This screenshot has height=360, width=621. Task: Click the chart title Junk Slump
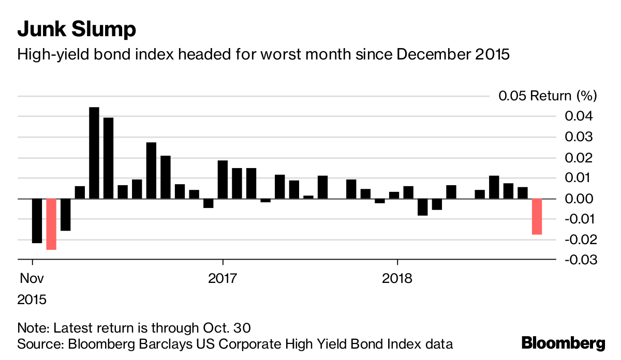pyautogui.click(x=77, y=29)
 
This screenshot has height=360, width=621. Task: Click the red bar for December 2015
pyautogui.click(x=51, y=224)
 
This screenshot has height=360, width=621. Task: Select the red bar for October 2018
pyautogui.click(x=537, y=216)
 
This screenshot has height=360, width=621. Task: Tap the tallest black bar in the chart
pyautogui.click(x=94, y=153)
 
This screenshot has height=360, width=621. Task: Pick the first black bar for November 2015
pyautogui.click(x=37, y=220)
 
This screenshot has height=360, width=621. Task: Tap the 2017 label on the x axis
pyautogui.click(x=223, y=278)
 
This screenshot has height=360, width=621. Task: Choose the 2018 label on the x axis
pyautogui.click(x=397, y=278)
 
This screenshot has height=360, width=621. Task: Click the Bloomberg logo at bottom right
pyautogui.click(x=563, y=343)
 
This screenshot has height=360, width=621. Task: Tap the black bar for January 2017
pyautogui.click(x=223, y=179)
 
